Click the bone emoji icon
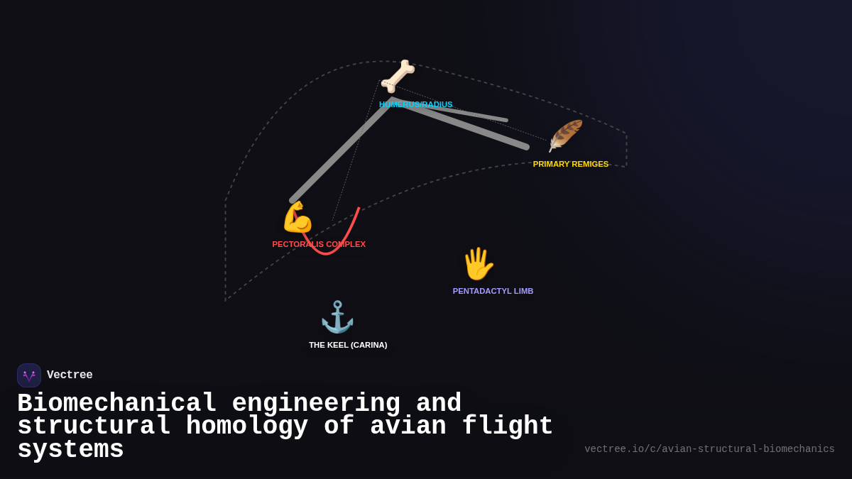pos(398,76)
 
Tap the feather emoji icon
pos(565,136)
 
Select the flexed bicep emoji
pos(297,217)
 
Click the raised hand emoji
pos(478,264)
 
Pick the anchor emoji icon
pos(337,317)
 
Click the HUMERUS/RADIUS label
pos(415,104)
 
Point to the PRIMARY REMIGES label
pos(571,164)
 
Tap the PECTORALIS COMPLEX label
pos(319,244)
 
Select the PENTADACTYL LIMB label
pos(493,291)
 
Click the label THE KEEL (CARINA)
pos(348,345)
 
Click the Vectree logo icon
pos(29,375)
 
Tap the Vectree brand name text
pos(70,375)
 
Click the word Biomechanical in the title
pos(116,404)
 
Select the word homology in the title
pos(246,426)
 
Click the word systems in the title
pos(70,450)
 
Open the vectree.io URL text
pos(709,449)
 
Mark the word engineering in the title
pos(316,404)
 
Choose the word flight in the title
pos(507,426)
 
